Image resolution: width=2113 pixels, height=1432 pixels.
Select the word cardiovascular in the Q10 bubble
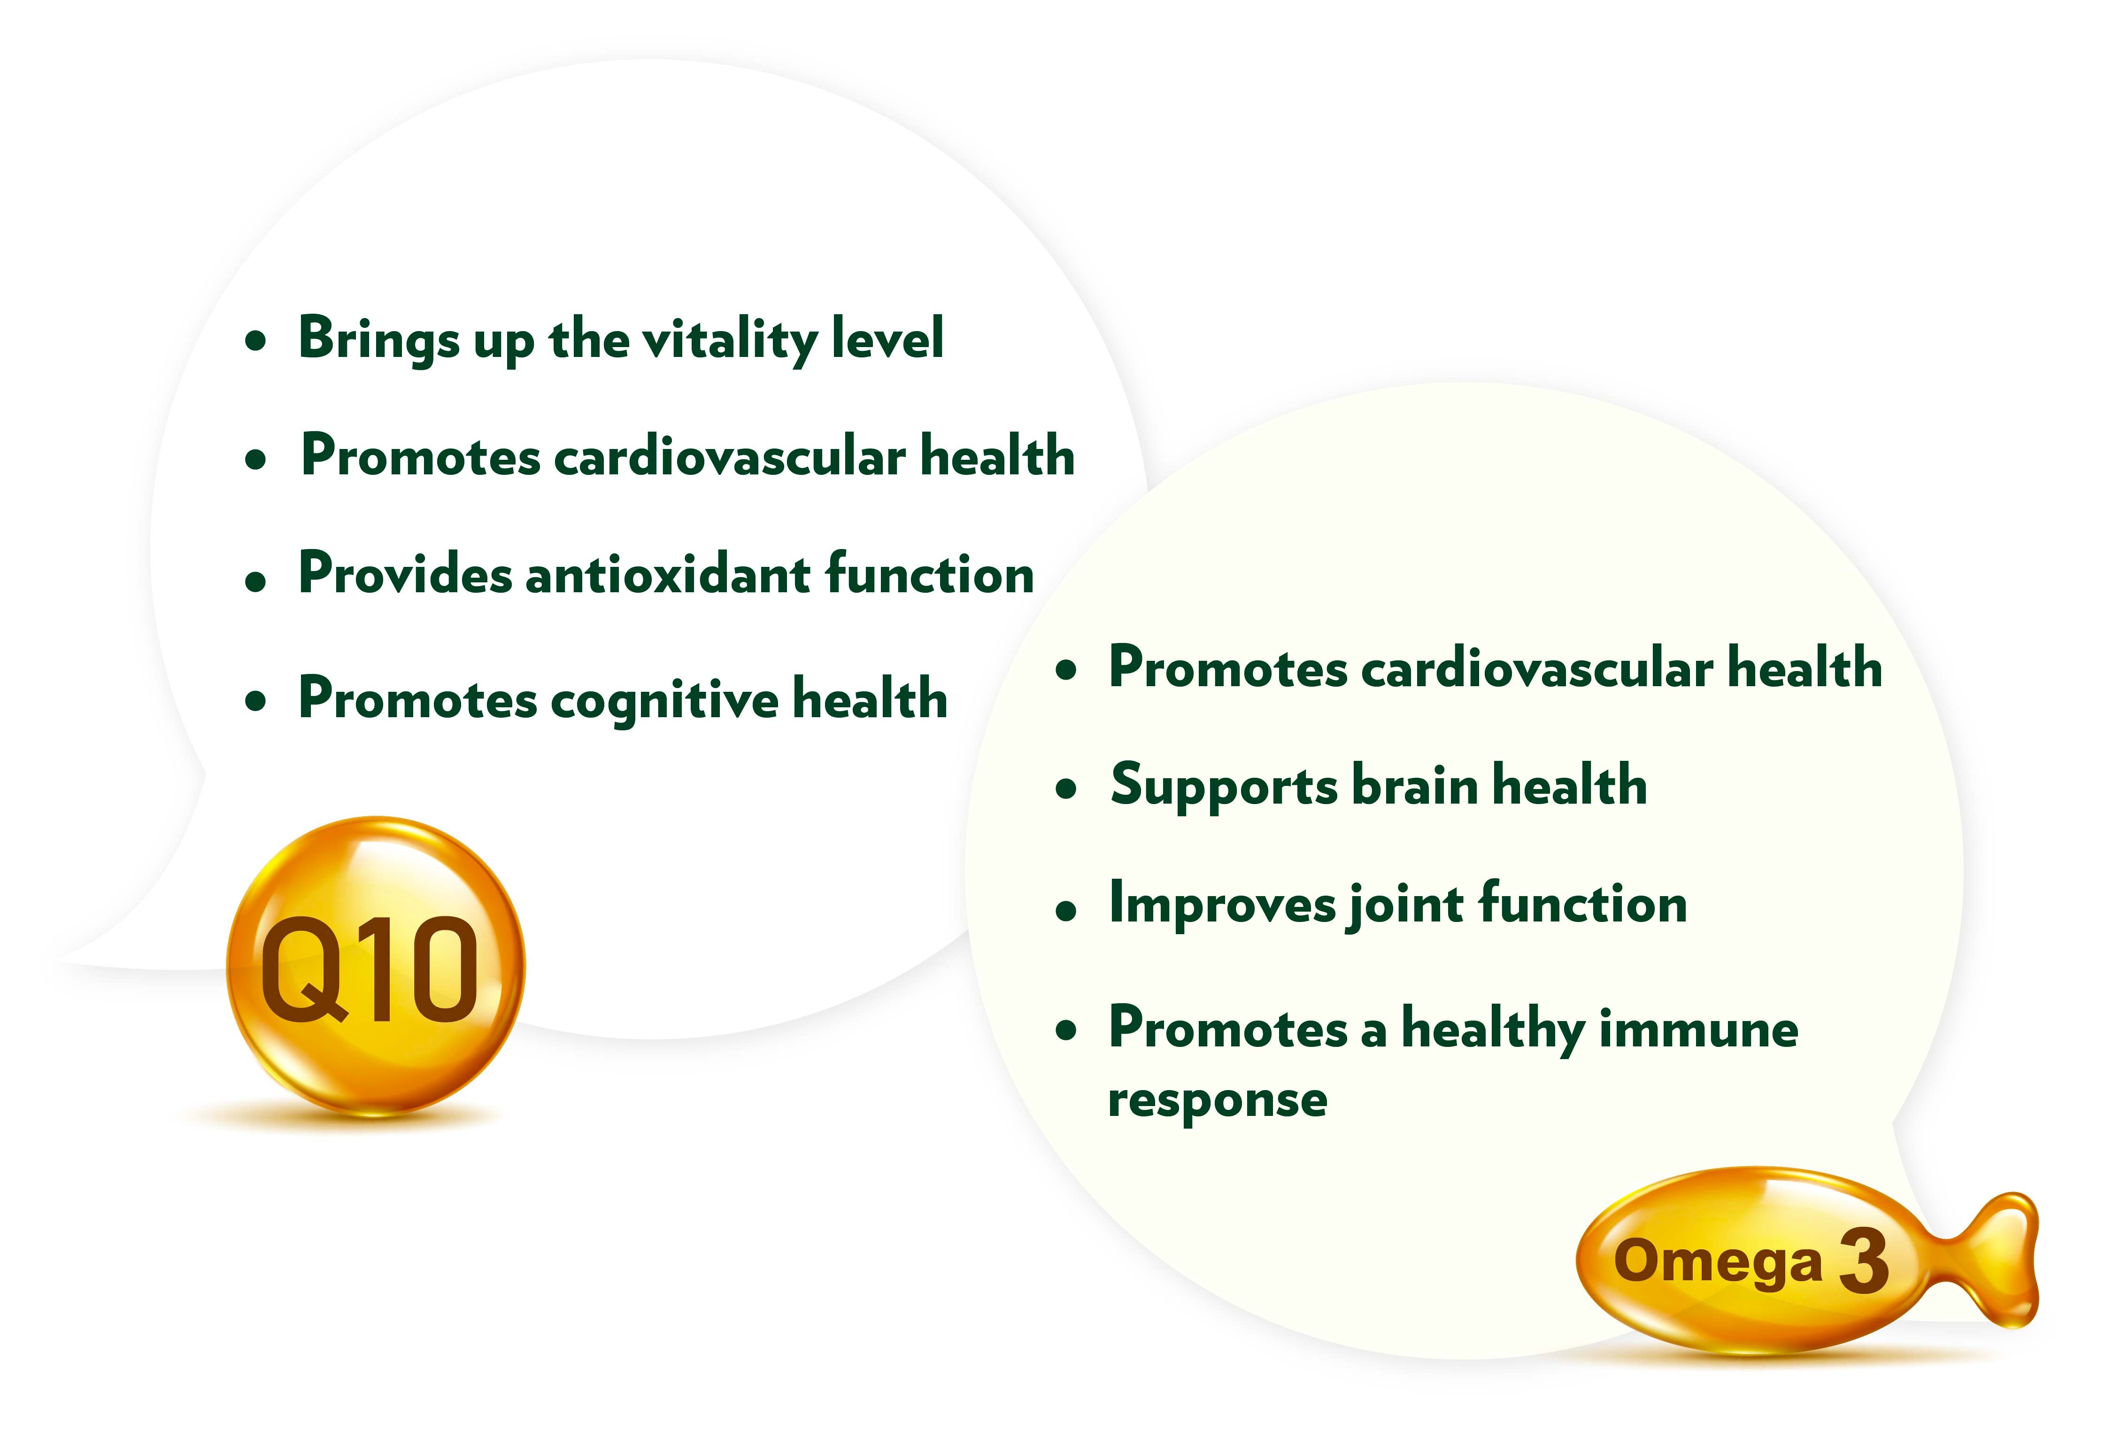pos(730,457)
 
